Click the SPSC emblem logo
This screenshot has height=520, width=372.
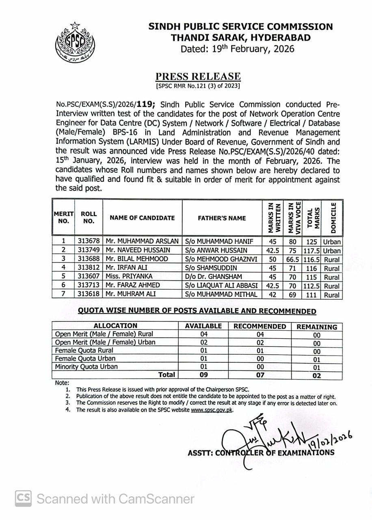coord(75,42)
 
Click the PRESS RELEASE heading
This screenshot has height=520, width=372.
coord(198,76)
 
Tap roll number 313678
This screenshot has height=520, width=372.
coord(89,241)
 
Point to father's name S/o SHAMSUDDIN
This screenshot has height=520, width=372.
coord(211,268)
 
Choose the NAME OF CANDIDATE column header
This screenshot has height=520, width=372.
coord(142,218)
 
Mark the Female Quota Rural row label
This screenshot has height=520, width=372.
coord(84,350)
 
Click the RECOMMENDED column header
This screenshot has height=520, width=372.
coord(260,326)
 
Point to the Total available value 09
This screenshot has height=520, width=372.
coord(203,375)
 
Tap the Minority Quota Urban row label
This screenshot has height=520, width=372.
coord(87,366)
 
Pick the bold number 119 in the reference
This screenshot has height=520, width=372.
coord(144,104)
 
